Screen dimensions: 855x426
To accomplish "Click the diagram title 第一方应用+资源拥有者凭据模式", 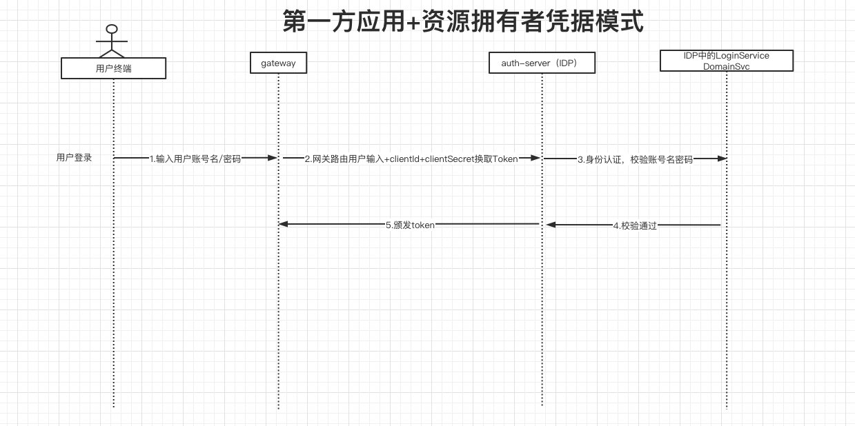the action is pos(463,21).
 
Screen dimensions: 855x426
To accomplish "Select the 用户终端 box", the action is pos(113,68).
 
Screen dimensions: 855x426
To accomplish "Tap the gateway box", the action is pos(278,63).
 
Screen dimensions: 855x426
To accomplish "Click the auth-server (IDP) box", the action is pos(542,63).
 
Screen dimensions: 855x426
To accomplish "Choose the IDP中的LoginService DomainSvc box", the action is pos(727,61).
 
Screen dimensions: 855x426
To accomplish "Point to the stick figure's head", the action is pos(112,29).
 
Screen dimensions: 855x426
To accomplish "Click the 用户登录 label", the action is pos(74,157).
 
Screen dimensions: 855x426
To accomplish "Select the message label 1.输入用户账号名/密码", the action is pos(195,159).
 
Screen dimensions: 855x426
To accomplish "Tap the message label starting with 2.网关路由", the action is pos(411,159).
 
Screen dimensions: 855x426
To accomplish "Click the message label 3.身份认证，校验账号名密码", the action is pos(635,159).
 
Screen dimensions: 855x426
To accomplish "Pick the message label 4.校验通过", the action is pos(635,226).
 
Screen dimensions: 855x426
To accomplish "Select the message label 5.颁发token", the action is pos(410,225).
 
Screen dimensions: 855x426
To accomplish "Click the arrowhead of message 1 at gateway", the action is pos(273,157).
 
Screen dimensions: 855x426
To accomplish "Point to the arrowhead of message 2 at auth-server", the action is pos(535,157).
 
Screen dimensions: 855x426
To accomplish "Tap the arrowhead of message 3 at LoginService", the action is pos(722,159).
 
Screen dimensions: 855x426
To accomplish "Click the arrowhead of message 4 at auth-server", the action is pos(551,225).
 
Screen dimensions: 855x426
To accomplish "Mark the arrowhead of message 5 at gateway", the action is pos(283,224).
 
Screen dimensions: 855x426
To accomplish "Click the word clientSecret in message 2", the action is pos(449,159).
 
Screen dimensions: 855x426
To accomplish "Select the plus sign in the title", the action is pos(413,22).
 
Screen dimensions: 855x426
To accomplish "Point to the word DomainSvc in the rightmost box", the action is pos(726,67).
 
